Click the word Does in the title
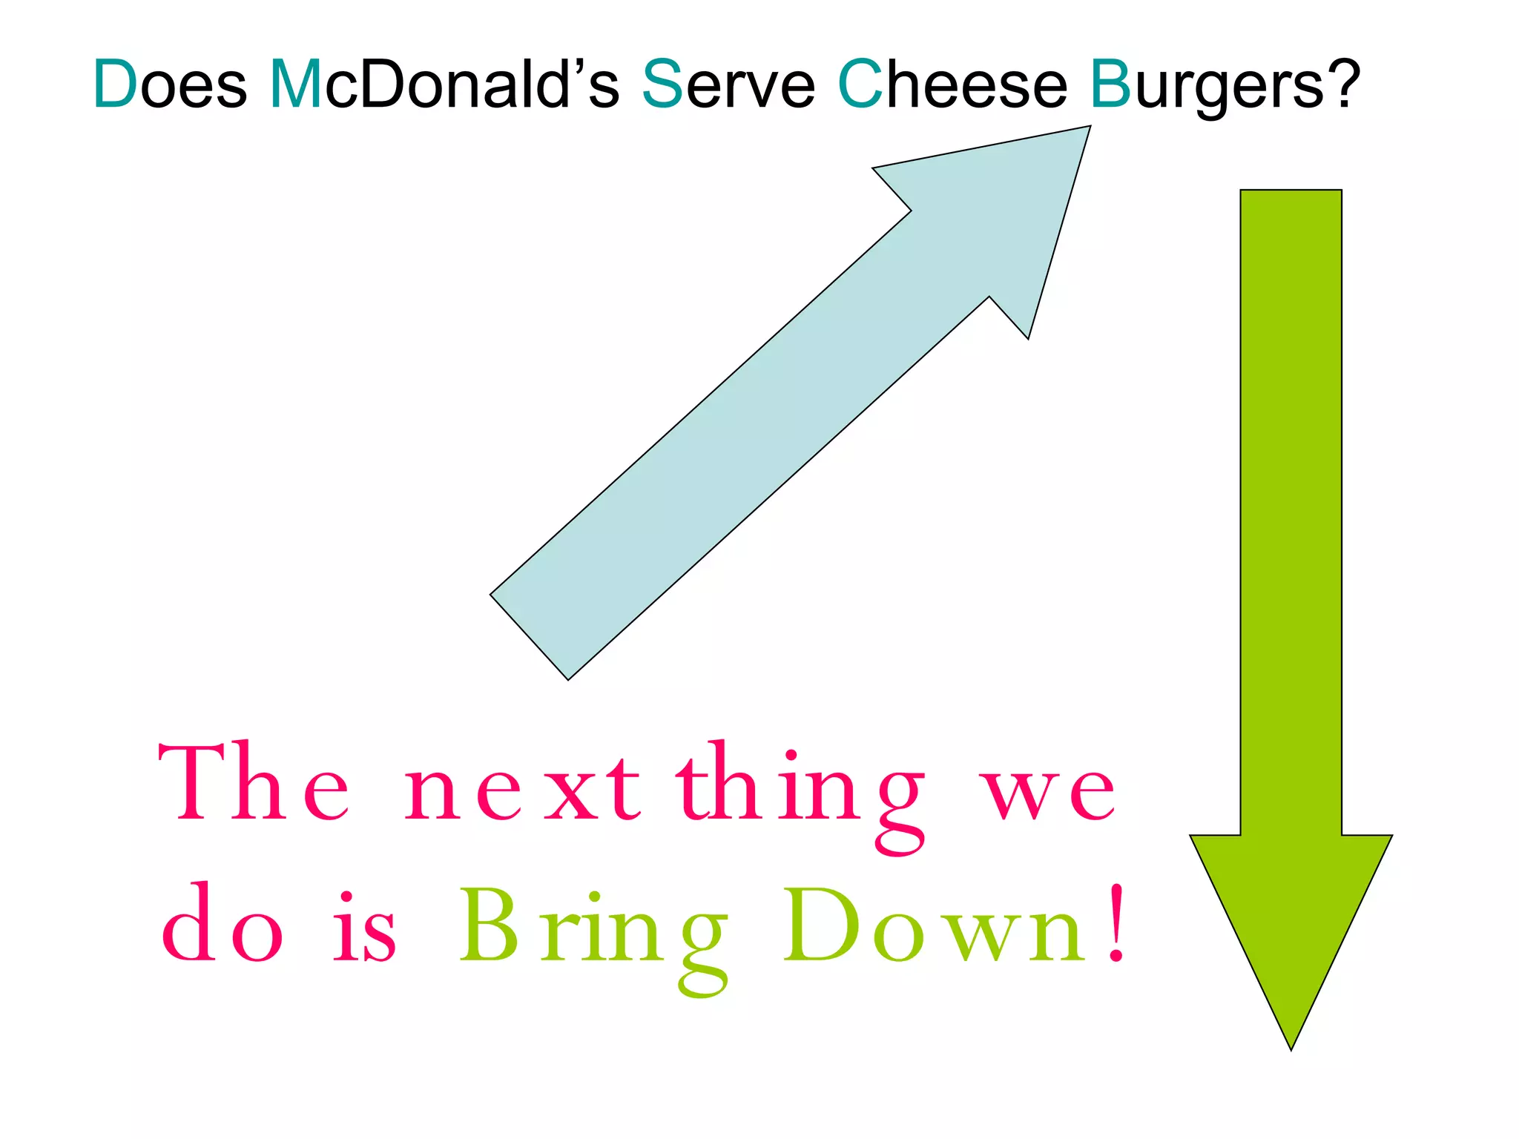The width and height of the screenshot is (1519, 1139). tap(170, 85)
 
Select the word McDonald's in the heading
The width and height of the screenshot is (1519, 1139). tap(444, 85)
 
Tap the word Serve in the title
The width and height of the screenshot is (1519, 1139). tap(728, 85)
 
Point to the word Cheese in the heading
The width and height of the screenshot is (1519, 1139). tap(952, 85)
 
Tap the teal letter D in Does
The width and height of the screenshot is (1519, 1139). tap(115, 85)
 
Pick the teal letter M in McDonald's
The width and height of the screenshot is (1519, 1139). tap(295, 85)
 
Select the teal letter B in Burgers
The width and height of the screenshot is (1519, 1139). tap(1110, 85)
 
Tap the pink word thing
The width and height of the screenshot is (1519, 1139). tap(801, 793)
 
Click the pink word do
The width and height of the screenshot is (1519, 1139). tap(223, 925)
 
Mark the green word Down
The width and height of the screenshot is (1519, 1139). tap(935, 927)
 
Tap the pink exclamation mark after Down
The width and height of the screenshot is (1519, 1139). tap(1116, 924)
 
